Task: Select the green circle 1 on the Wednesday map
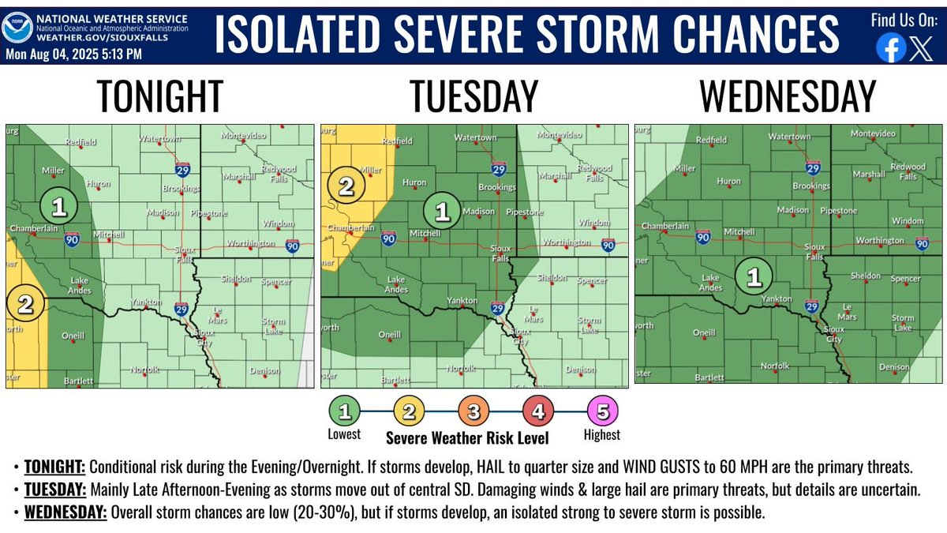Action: (x=754, y=276)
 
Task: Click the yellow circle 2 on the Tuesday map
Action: (x=346, y=186)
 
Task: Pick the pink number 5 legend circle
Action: (x=604, y=411)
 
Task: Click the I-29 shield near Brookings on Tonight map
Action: (x=182, y=169)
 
